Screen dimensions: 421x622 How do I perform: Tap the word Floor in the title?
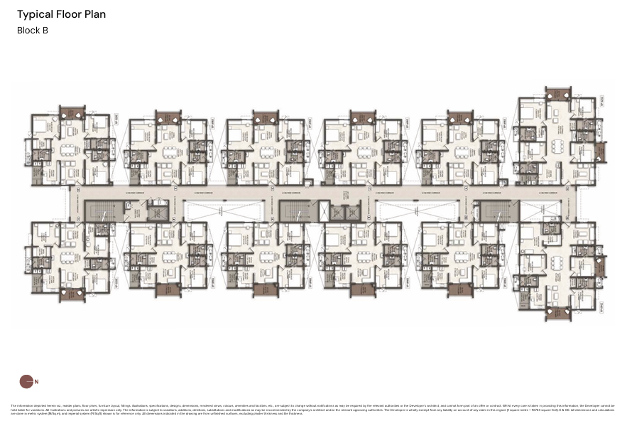[70, 14]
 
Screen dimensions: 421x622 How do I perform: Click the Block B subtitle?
[33, 31]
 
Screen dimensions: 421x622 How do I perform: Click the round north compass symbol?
[26, 381]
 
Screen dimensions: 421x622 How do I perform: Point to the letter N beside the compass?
[36, 382]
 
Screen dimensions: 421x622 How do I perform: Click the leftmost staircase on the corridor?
[99, 210]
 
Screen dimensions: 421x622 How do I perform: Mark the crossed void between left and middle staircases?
[223, 210]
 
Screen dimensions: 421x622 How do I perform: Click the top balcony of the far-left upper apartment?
[72, 112]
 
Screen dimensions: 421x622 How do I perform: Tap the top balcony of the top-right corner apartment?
[558, 93]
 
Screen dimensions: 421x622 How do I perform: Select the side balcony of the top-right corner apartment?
[601, 151]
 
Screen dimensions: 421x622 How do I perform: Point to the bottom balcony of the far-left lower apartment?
[72, 293]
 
